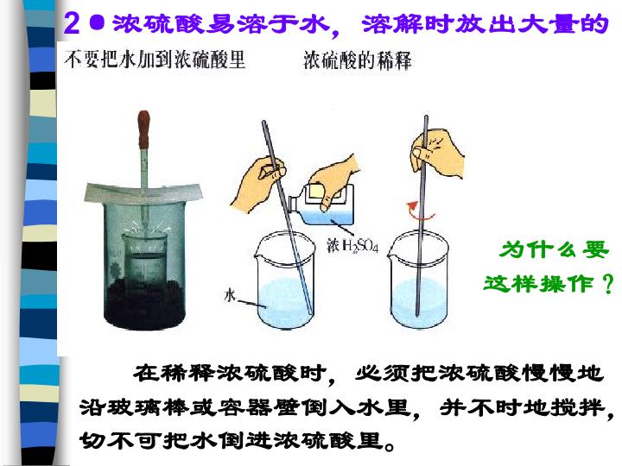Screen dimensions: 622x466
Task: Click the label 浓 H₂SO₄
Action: tap(352, 246)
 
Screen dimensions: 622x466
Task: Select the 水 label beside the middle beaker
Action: tap(230, 295)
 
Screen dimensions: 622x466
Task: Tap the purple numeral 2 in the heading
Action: tap(72, 23)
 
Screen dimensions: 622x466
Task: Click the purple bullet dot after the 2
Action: tap(97, 22)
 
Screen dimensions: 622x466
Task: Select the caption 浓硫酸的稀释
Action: tap(358, 60)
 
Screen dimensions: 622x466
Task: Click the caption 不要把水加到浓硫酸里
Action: tap(155, 60)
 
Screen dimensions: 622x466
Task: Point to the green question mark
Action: tap(607, 284)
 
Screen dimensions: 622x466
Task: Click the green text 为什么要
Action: tap(554, 250)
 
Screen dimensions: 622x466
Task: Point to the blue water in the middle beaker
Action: tap(283, 302)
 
